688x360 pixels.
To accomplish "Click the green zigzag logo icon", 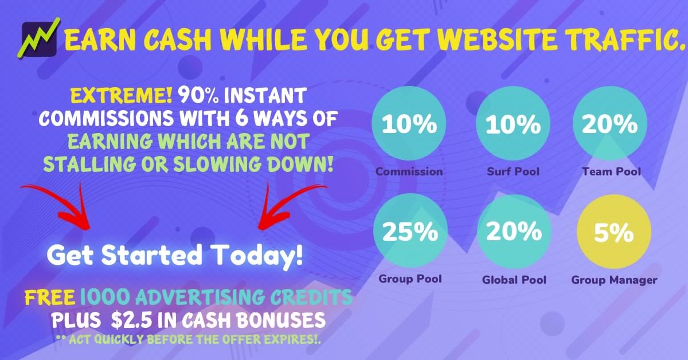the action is [39, 39].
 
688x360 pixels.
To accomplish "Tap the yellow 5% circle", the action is [614, 232].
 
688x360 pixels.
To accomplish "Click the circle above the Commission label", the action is [409, 123].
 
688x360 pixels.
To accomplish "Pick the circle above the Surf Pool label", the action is [513, 123].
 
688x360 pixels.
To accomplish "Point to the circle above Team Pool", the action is [610, 123].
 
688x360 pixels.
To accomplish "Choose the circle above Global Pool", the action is [514, 232].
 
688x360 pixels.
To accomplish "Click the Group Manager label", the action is [614, 280].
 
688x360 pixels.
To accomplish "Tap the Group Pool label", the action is [410, 279].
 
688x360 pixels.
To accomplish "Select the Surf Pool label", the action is [513, 171].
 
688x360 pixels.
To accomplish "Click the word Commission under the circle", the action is [409, 171].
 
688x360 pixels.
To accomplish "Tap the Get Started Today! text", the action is [175, 256].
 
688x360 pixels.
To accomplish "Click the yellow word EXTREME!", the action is [122, 96].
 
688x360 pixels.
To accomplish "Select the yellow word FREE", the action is [50, 298].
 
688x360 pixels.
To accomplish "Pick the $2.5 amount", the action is [131, 320].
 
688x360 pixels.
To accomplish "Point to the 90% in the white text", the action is [199, 96].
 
